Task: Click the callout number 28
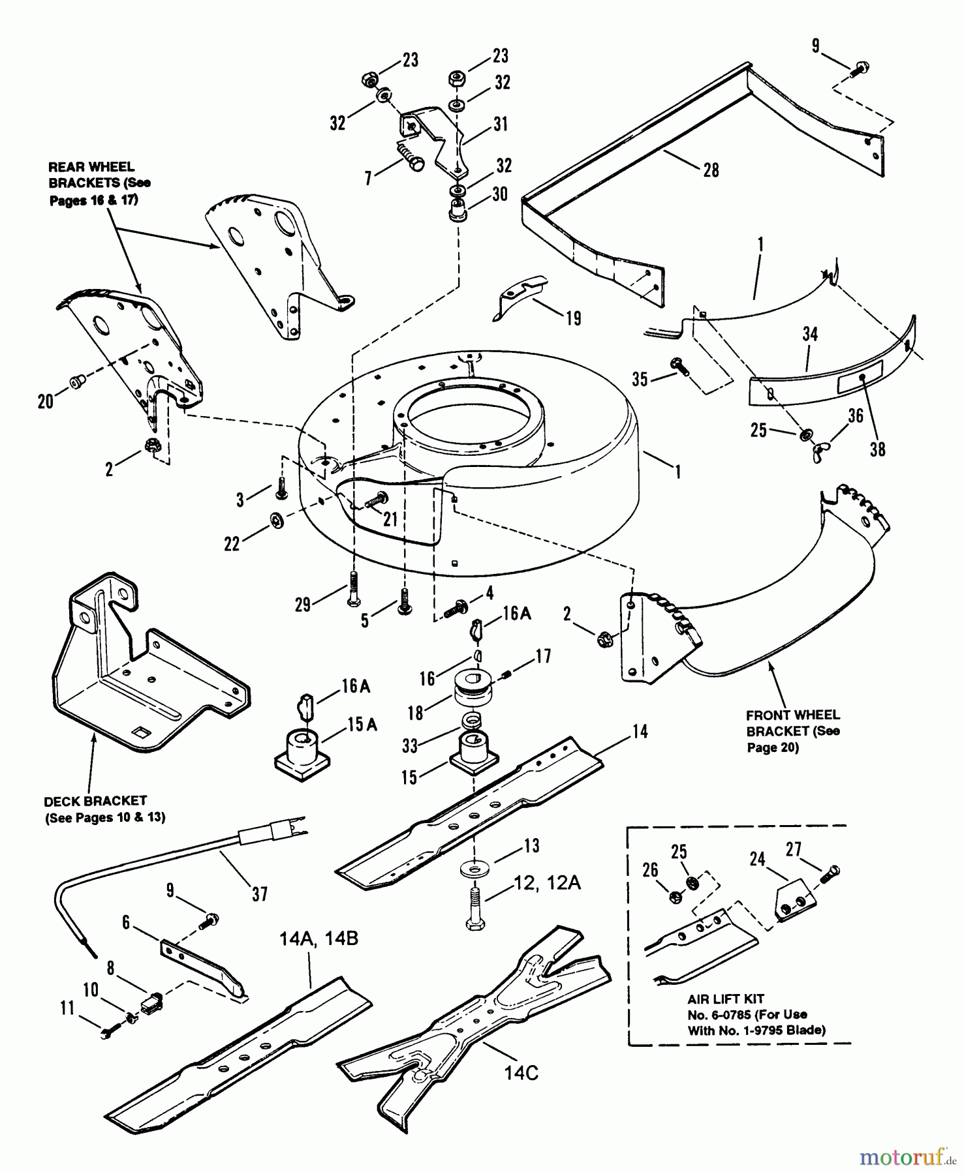coord(711,170)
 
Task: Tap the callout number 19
coord(573,318)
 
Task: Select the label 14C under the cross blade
coord(521,1073)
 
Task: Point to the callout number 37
coord(260,894)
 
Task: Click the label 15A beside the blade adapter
coord(362,725)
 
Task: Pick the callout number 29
coord(303,605)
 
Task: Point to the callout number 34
coord(810,335)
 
